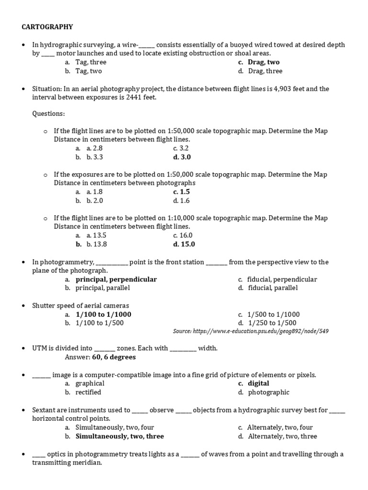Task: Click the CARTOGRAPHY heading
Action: coord(47,27)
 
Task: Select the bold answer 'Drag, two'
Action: coord(264,62)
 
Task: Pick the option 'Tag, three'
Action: coord(91,62)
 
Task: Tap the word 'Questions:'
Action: coord(48,113)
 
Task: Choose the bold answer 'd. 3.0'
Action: coord(182,157)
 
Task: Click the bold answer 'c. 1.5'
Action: coord(182,192)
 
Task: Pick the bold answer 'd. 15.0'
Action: coord(184,244)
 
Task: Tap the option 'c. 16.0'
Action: coord(183,235)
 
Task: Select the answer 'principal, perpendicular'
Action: coord(116,279)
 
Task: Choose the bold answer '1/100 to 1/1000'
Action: coord(103,314)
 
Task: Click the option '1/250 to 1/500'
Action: coord(272,323)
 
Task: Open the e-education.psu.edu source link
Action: coord(251,331)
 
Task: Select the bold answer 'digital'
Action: coord(259,383)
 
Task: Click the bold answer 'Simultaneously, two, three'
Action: coord(120,436)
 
